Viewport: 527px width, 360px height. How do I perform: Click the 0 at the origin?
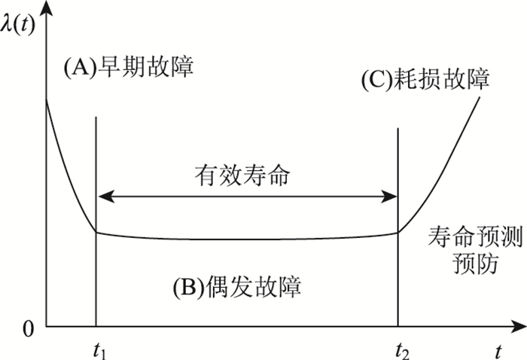(x=29, y=328)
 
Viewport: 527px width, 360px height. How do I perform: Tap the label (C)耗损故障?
(x=426, y=80)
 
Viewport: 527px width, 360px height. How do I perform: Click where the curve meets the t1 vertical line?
(x=96, y=232)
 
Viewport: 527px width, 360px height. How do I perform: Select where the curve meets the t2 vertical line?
(x=398, y=232)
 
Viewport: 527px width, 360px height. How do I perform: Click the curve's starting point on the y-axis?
(x=46, y=99)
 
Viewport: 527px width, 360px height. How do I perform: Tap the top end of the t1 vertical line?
(x=96, y=116)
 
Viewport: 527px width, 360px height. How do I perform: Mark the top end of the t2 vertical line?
(x=398, y=128)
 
